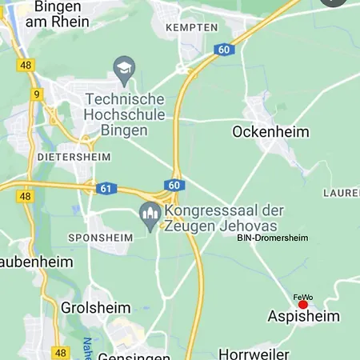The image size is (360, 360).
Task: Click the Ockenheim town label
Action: (270, 131)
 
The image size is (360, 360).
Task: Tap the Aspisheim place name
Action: (302, 317)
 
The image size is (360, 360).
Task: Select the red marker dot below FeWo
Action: (303, 305)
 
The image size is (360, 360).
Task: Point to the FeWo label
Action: (303, 297)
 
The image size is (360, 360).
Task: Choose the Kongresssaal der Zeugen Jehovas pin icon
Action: (149, 216)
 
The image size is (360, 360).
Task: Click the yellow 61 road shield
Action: (106, 188)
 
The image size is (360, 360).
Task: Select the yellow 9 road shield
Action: (37, 94)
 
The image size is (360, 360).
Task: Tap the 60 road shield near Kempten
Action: (223, 50)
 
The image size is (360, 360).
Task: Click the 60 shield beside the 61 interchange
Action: (174, 185)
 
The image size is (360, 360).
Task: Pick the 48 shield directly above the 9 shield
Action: (26, 65)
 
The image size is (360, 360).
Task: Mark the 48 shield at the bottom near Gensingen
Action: (62, 352)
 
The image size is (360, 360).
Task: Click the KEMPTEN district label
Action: (191, 27)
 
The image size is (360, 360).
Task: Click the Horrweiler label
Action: (254, 353)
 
